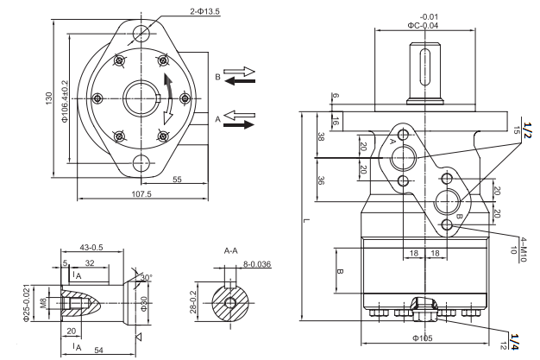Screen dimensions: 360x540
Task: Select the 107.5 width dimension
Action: pos(141,194)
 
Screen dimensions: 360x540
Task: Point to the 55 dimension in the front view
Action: pos(176,180)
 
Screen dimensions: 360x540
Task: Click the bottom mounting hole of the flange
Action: pos(141,162)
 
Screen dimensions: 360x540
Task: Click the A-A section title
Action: pos(231,250)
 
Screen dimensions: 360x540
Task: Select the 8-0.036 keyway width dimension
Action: pos(256,264)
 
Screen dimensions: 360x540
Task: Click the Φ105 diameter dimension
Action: pos(422,338)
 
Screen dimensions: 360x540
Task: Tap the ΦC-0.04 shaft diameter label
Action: pos(428,26)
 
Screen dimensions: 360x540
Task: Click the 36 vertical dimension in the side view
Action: pos(320,180)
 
